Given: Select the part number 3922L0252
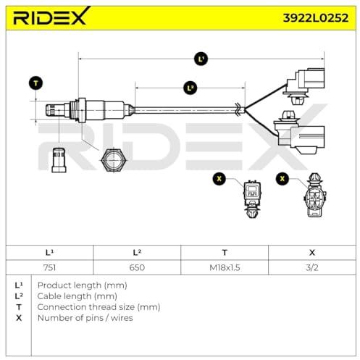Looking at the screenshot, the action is tap(316, 18).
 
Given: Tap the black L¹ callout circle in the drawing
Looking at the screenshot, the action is tap(201, 59).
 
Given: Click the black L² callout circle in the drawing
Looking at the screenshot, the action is tap(191, 88).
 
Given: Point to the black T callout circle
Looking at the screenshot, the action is tap(35, 83).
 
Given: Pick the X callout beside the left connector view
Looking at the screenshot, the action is tap(219, 179).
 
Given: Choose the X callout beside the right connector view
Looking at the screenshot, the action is tap(282, 179).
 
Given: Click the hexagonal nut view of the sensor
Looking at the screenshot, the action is tap(113, 160).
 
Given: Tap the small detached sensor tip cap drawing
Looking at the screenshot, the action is tap(59, 160).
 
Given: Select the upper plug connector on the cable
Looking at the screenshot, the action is tap(304, 85).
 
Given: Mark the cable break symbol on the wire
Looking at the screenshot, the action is tap(238, 109).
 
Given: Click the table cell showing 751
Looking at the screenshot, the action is tap(49, 267).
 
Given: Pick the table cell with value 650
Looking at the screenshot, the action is tap(137, 267).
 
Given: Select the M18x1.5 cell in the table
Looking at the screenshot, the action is tap(225, 267).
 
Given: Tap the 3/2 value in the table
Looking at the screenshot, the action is tap(312, 267).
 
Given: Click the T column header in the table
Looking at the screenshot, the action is tap(225, 253).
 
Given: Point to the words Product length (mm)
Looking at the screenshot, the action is tap(83, 285).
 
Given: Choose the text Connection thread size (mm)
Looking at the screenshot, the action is tap(99, 307).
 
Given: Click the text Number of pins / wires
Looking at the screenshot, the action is tap(85, 318).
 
